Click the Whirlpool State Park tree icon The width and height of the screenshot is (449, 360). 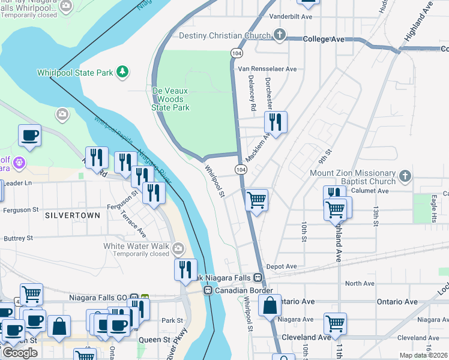[123, 72]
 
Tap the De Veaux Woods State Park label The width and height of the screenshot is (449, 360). [170, 99]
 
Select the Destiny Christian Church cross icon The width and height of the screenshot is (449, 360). [279, 35]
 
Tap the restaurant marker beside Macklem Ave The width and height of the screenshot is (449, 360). [276, 122]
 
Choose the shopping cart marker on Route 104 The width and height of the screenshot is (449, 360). [257, 200]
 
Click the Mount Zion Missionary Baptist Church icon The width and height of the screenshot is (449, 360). [405, 176]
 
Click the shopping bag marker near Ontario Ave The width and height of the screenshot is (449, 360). [270, 305]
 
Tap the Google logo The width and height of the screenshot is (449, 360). [19, 353]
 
